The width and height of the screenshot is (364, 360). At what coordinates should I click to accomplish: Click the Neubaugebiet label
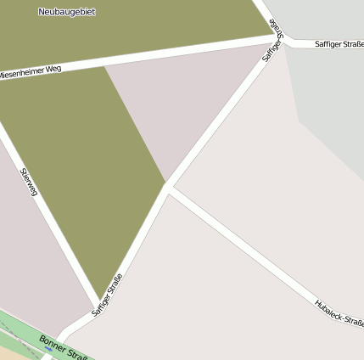point(67,12)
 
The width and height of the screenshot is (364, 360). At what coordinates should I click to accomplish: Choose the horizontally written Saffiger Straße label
point(339,43)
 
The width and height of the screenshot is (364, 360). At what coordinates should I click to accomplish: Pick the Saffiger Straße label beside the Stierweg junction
point(107,294)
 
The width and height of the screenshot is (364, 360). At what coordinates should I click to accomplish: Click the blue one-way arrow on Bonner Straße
point(48,348)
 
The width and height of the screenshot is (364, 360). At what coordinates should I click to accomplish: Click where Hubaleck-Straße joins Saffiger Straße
point(169,188)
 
